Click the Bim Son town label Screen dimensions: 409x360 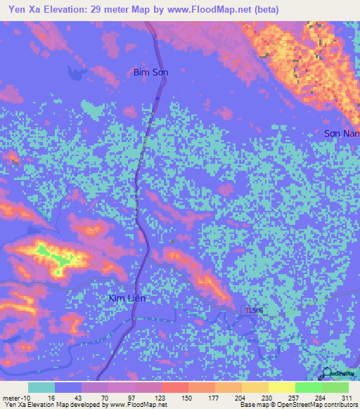pyautogui.click(x=150, y=72)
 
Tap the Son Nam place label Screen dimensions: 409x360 pyautogui.click(x=342, y=133)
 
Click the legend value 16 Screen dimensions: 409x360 pyautogui.click(x=51, y=398)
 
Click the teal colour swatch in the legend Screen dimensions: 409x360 pyautogui.click(x=41, y=387)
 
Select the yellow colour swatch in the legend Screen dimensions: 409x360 pyautogui.click(x=282, y=387)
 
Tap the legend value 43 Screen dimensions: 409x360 pyautogui.click(x=79, y=398)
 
